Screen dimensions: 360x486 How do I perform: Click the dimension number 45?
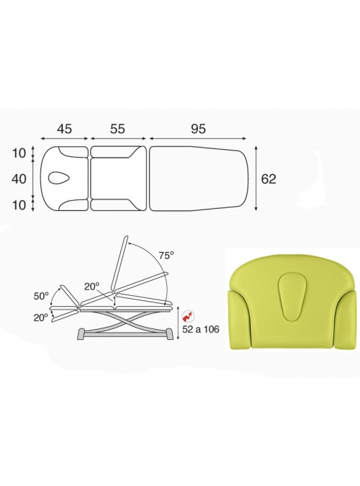[65, 129]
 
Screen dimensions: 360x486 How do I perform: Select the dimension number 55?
[117, 129]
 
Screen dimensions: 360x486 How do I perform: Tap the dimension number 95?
[198, 129]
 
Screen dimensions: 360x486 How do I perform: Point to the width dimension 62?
[269, 179]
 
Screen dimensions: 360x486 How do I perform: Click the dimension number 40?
[19, 179]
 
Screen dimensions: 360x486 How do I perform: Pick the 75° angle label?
[166, 256]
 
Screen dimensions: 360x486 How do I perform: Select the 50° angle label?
[42, 296]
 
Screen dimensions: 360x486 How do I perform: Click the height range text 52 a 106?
[201, 329]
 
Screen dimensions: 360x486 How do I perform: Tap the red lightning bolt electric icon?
[188, 316]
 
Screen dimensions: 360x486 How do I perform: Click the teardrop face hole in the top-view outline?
[60, 179]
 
